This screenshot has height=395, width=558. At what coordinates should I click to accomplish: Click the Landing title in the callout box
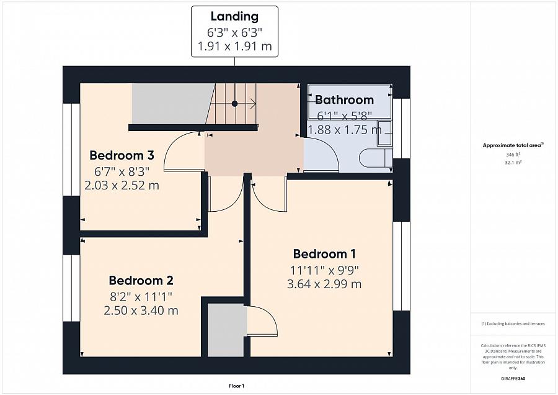click(x=234, y=16)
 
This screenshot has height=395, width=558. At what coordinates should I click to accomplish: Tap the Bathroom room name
click(x=344, y=100)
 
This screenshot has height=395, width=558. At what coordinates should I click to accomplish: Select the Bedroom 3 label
click(x=122, y=155)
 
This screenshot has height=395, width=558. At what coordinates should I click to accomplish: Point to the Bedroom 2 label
click(x=141, y=281)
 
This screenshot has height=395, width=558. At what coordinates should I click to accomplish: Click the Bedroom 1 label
click(x=324, y=254)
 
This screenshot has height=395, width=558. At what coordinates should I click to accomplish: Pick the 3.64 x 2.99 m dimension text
click(x=324, y=284)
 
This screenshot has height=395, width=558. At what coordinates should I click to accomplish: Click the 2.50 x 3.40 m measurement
click(x=141, y=311)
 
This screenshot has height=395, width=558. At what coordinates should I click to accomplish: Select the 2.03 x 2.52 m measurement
click(x=122, y=185)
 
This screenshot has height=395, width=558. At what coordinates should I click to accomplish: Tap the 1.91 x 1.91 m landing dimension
click(x=234, y=47)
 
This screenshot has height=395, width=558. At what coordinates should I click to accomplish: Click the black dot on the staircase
click(x=234, y=104)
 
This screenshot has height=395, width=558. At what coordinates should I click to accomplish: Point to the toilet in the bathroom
click(x=376, y=158)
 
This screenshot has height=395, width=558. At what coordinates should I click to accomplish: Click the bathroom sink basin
click(x=384, y=133)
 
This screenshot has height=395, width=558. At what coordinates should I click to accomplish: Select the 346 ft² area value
click(x=513, y=155)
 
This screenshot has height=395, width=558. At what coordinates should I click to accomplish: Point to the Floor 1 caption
click(x=236, y=386)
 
